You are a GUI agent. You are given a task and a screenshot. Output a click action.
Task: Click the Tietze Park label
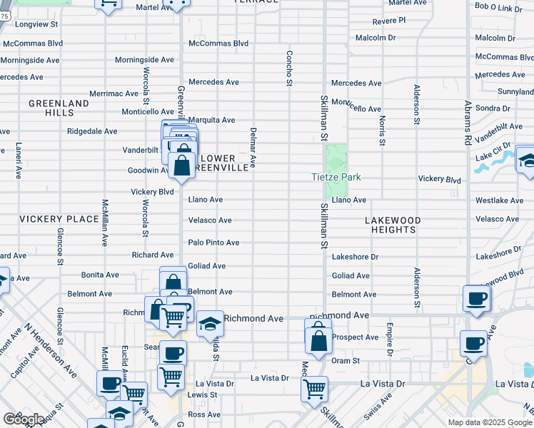tap(336, 177)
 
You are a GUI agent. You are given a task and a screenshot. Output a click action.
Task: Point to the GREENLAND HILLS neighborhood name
tap(59, 108)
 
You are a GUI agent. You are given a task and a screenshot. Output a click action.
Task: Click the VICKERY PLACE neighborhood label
tap(59, 218)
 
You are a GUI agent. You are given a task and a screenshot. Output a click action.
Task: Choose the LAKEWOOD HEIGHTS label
tap(393, 225)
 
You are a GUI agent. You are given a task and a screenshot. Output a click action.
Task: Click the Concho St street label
tap(290, 68)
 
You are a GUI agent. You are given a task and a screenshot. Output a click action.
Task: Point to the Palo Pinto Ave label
tap(213, 243)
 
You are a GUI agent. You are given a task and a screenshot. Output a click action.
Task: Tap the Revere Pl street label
tap(388, 21)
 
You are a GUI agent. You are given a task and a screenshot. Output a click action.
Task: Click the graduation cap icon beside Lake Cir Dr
tap(527, 159)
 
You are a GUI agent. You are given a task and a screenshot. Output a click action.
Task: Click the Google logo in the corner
tap(24, 419)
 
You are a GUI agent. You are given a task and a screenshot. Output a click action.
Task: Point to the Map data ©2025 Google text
tap(490, 422)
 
